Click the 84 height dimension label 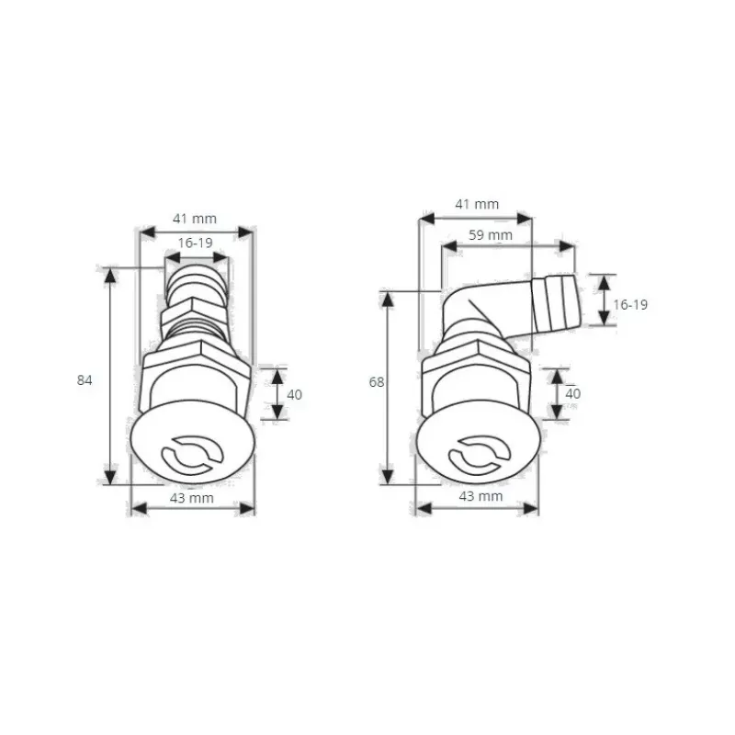85,380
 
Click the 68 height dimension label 377,382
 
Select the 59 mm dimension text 491,235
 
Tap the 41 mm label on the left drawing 195,219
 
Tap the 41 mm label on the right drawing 477,204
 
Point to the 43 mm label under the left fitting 191,498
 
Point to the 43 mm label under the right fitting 481,496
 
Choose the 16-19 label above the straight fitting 195,243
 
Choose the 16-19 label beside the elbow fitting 630,305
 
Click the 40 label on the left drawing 294,395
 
